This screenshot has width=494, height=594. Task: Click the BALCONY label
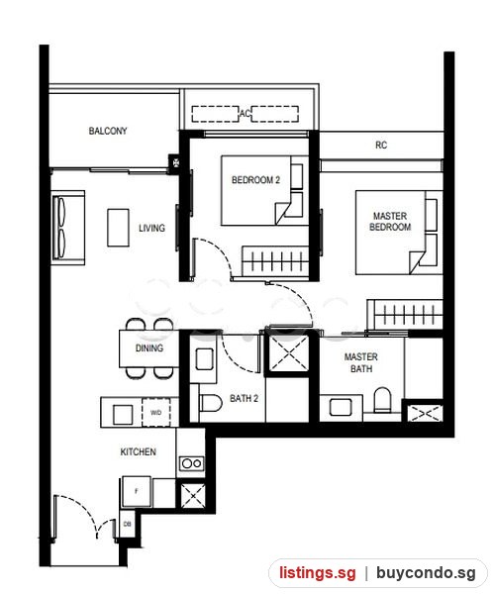pos(108,131)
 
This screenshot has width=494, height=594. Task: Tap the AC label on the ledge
pos(245,113)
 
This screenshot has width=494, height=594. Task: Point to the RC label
pos(381,146)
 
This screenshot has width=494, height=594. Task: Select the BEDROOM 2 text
pos(255,180)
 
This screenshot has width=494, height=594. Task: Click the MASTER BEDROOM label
pos(390,221)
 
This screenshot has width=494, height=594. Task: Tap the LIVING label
pos(151,228)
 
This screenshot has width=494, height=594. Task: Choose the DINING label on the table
pos(149,348)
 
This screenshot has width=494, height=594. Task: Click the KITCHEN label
pos(139,452)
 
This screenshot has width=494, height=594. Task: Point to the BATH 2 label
pos(244,399)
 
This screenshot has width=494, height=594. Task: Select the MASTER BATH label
pos(361,362)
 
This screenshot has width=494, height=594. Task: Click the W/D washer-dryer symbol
pos(156,412)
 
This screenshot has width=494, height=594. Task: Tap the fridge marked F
pos(137,491)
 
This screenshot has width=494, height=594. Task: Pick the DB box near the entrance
pos(127,524)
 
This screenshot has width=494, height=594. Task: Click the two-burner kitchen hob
pos(191,463)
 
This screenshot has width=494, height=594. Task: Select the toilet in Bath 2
pos(210,404)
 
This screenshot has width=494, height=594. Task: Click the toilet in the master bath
pos(382,400)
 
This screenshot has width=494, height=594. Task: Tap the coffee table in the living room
pos(118,228)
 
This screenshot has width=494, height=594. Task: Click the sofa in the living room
pos(67,228)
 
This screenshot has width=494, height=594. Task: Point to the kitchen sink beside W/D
pos(123,414)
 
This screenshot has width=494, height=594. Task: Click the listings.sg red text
pos(318,572)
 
